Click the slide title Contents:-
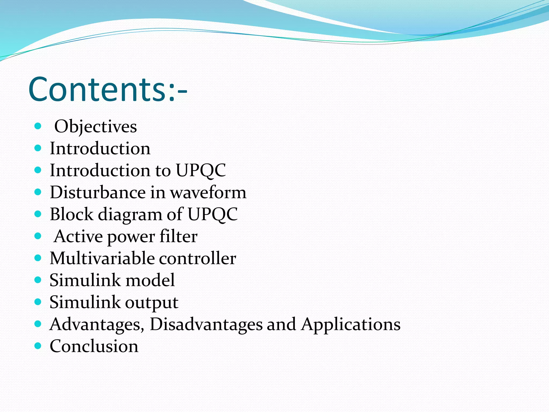pos(108,89)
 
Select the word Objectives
pos(95,126)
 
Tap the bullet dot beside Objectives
pos(38,126)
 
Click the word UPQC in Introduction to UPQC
pos(201,170)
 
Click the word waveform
pos(208,193)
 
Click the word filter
pos(179,236)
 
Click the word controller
pos(198,258)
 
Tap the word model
pos(150,280)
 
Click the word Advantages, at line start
pos(97,325)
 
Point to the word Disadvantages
pos(206,325)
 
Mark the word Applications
pos(351,325)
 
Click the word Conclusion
pos(94,346)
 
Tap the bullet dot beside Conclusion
pos(38,346)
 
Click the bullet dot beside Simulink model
pos(38,280)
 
